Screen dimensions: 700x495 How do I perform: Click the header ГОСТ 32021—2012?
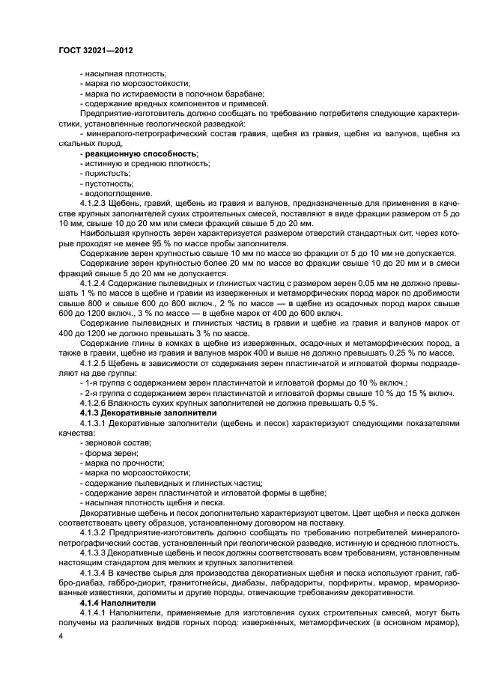point(96,50)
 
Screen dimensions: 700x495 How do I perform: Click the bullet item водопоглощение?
point(117,192)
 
